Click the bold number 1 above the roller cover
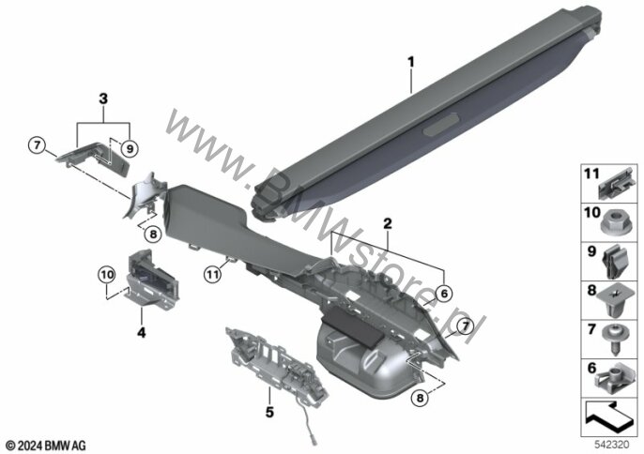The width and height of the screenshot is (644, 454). [411, 63]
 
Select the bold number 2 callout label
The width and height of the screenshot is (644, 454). [388, 223]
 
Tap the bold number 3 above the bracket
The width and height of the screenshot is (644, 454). [103, 98]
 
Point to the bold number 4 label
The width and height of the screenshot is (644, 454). [141, 332]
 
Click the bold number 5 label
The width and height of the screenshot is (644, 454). [269, 412]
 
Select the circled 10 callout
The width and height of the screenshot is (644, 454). [106, 275]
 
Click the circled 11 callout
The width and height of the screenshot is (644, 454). [213, 274]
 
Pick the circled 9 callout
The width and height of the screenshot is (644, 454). [130, 148]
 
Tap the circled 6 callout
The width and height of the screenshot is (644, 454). [443, 294]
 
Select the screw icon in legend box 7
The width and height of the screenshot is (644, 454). [615, 339]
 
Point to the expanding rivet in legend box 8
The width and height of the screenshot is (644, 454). [615, 302]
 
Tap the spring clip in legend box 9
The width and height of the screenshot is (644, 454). [615, 263]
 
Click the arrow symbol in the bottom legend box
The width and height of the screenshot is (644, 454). [611, 418]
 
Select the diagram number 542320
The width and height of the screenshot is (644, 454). [612, 444]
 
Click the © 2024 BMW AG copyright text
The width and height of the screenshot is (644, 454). [46, 446]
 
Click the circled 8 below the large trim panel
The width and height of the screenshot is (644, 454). [420, 398]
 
